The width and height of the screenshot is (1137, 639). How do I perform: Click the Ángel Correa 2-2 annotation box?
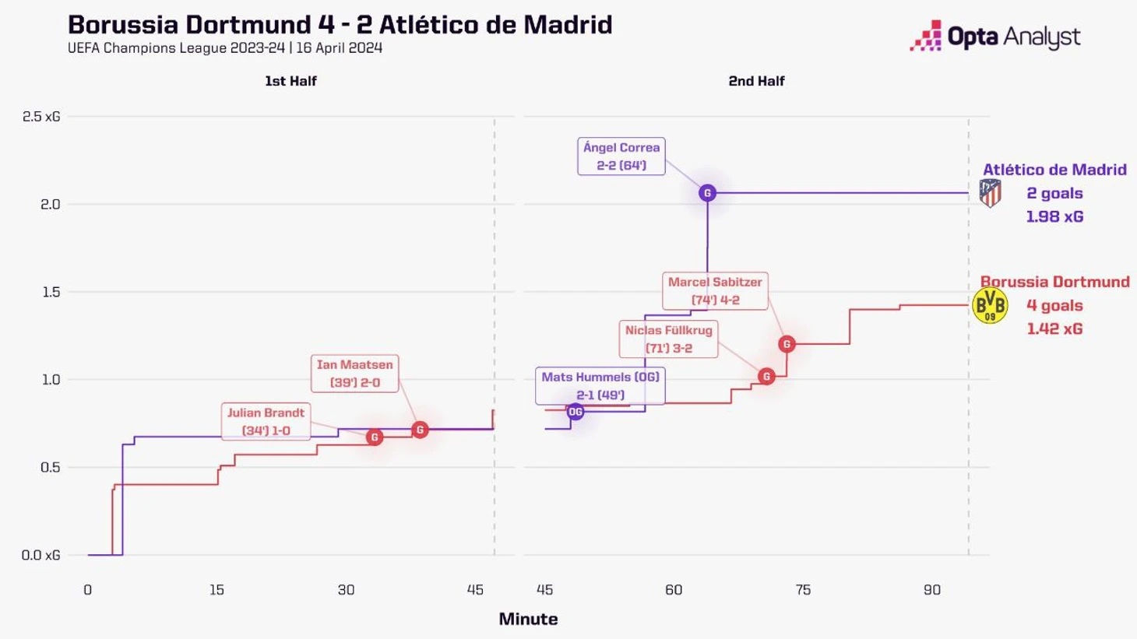tap(621, 156)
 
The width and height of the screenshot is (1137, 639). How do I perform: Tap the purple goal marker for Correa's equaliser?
tap(707, 193)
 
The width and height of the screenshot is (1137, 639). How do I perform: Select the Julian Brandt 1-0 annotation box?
tap(266, 422)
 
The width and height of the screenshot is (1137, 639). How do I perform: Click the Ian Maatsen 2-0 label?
tap(354, 374)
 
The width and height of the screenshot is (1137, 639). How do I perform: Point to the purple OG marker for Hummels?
tap(576, 412)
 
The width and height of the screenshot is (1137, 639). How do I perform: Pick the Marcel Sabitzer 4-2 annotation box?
tap(714, 291)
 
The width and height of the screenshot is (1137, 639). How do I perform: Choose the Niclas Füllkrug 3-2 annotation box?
tap(668, 339)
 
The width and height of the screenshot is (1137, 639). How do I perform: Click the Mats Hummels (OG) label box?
tap(600, 386)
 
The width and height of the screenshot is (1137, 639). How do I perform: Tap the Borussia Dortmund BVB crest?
tap(990, 306)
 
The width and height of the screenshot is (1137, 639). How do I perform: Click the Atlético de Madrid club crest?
tap(990, 193)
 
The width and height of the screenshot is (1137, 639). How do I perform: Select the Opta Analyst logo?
tap(994, 37)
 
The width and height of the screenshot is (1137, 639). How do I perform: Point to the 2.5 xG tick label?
tap(41, 117)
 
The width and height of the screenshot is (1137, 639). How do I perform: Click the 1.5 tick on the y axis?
tap(50, 292)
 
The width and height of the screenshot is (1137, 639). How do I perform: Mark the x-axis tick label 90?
tap(932, 590)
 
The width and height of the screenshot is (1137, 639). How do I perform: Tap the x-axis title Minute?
tap(528, 620)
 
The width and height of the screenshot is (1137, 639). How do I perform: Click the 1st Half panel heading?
tap(290, 81)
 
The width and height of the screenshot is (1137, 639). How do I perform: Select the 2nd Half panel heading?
tap(756, 81)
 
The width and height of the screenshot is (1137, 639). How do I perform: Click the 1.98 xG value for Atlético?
tap(1054, 217)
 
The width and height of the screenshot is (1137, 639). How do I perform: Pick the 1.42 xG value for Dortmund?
tap(1054, 329)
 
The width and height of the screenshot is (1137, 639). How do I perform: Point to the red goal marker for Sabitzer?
tap(787, 344)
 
